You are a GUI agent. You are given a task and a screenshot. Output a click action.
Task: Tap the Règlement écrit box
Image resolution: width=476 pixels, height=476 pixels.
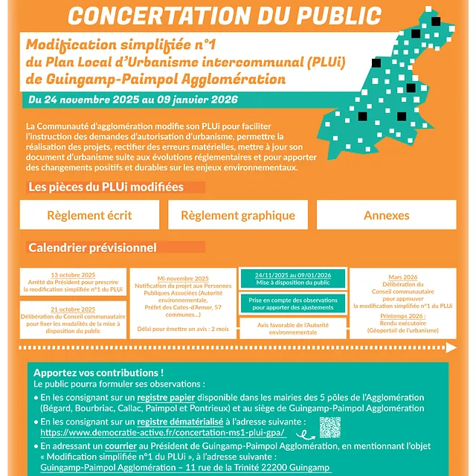coord(89,215)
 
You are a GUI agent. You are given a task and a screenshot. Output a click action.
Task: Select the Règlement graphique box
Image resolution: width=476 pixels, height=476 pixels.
coord(237,215)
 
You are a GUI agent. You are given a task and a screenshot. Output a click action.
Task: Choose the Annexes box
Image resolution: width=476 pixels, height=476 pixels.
coord(387,215)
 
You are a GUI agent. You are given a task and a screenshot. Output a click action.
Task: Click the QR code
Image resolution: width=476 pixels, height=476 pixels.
coord(329,427)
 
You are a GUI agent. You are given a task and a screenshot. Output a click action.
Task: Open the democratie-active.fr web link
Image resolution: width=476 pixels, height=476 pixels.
coord(162,432)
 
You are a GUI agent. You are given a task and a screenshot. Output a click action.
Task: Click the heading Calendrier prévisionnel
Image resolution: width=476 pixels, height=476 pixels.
coord(92,247)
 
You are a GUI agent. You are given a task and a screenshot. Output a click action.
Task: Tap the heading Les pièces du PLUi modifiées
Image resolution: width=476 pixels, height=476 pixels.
coord(106,187)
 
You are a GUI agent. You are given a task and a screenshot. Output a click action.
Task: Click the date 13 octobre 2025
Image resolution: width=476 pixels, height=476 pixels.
coord(73,275)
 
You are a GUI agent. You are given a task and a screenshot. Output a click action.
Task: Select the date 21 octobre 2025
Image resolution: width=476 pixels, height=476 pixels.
coord(73,309)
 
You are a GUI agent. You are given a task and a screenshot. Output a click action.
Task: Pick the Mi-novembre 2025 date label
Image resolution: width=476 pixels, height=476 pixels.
coord(183,278)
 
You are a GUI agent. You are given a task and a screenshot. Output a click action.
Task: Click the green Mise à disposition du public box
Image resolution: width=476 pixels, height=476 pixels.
coord(293,279)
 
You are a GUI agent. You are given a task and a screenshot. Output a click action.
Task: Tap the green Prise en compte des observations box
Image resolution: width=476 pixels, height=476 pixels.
coord(293,303)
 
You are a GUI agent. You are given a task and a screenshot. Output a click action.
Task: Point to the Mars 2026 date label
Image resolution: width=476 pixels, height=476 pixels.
coord(403,277)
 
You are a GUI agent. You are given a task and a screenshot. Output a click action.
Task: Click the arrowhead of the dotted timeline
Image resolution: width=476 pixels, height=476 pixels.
coord(451,347)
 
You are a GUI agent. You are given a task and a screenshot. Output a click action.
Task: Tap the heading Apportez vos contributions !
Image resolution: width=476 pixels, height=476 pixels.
coord(98,372)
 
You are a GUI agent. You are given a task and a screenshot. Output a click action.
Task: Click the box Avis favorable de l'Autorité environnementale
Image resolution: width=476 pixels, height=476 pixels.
coord(293,329)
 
